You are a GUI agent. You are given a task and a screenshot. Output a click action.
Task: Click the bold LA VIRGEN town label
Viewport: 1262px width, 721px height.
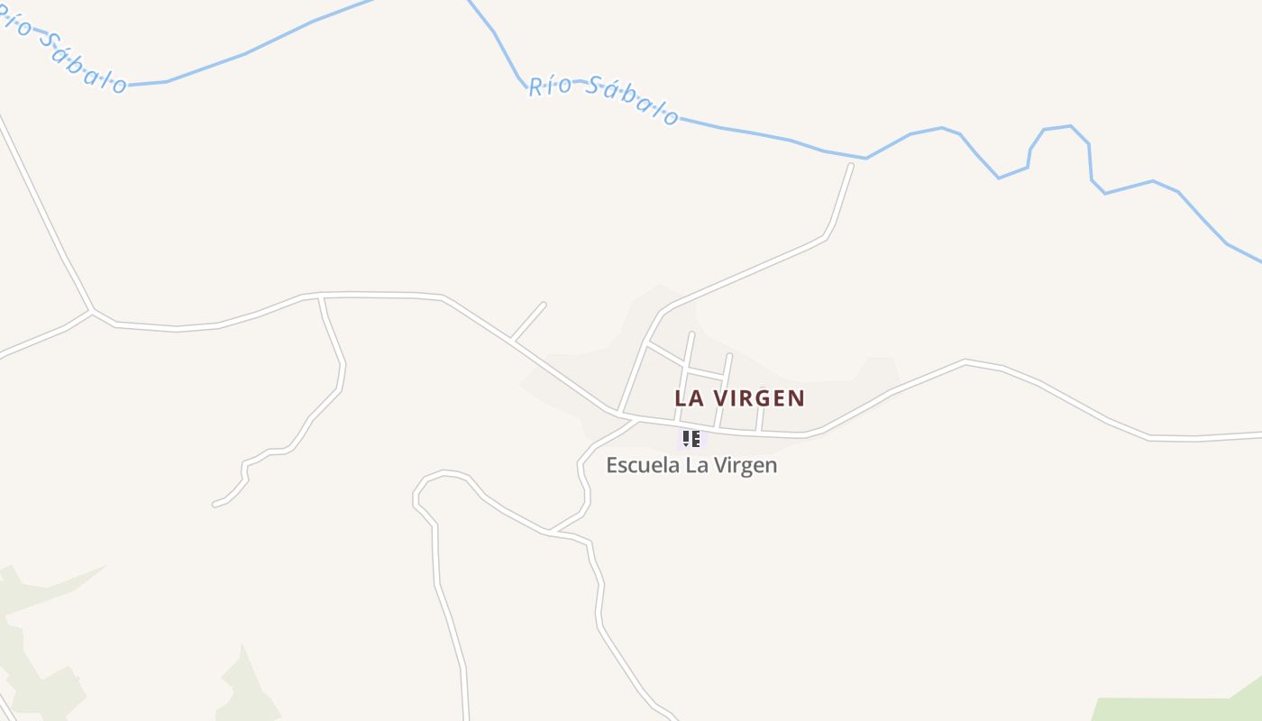739,397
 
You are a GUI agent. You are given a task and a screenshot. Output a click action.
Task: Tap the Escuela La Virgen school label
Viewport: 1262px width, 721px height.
690,465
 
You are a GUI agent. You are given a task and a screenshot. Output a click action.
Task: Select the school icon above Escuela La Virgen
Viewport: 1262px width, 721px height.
690,439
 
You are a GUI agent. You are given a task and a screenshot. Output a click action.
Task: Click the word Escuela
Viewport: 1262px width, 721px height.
637,465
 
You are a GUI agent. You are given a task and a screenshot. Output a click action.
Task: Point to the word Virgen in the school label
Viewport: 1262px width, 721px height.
745,465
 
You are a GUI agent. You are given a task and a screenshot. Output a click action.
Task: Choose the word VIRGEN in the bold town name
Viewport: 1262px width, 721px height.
759,397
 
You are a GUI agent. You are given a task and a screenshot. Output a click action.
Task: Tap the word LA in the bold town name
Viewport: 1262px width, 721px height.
688,397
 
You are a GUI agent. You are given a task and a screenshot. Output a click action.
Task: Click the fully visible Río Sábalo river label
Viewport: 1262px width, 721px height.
603,98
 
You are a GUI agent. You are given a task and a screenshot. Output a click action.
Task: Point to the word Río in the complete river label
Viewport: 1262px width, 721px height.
550,86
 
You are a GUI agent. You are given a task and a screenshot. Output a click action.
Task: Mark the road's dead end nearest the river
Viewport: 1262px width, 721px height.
850,166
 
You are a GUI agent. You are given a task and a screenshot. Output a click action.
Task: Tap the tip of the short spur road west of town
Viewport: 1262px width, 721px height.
544,305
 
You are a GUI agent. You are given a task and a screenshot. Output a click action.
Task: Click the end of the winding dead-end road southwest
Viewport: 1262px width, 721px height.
215,504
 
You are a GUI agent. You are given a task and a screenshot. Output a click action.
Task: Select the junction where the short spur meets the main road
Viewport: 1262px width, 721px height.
512,340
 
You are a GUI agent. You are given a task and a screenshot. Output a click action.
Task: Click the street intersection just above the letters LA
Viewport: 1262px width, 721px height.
686,368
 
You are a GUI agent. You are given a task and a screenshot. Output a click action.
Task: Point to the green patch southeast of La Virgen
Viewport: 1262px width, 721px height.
1172,707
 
